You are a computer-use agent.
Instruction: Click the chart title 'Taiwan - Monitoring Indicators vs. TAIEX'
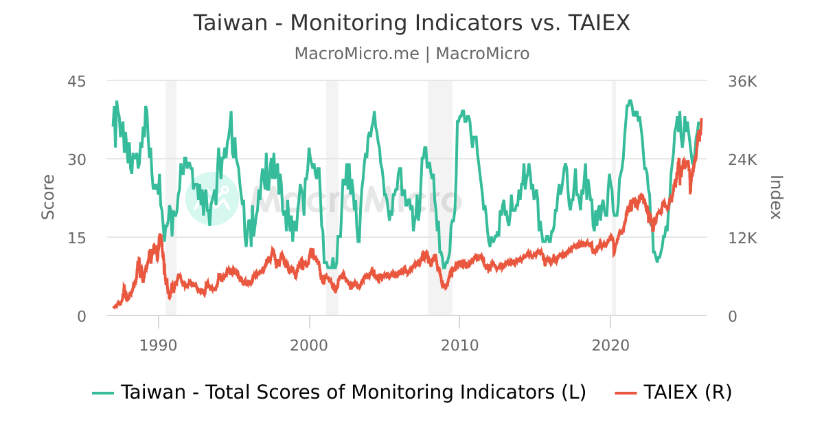(411, 23)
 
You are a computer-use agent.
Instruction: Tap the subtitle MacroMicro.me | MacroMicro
(411, 54)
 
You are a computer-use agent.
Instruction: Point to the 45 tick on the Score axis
(76, 81)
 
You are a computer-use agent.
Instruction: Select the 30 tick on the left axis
(76, 159)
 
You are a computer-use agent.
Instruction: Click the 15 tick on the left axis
(76, 238)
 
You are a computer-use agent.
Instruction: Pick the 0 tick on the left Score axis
(81, 316)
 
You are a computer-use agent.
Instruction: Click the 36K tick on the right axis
(742, 81)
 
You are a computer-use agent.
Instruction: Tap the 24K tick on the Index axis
(742, 159)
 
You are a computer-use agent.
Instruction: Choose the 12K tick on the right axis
(742, 238)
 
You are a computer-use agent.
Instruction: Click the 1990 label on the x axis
(159, 344)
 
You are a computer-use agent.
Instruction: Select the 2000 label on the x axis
(309, 344)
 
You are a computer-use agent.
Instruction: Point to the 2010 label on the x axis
(460, 344)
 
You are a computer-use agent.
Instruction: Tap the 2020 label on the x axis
(610, 344)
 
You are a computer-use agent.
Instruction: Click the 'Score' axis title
(48, 198)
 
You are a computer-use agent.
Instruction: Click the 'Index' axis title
(775, 198)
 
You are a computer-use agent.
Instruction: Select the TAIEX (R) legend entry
(674, 392)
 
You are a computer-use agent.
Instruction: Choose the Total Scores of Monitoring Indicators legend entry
(340, 392)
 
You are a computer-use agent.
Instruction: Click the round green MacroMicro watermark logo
(211, 199)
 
